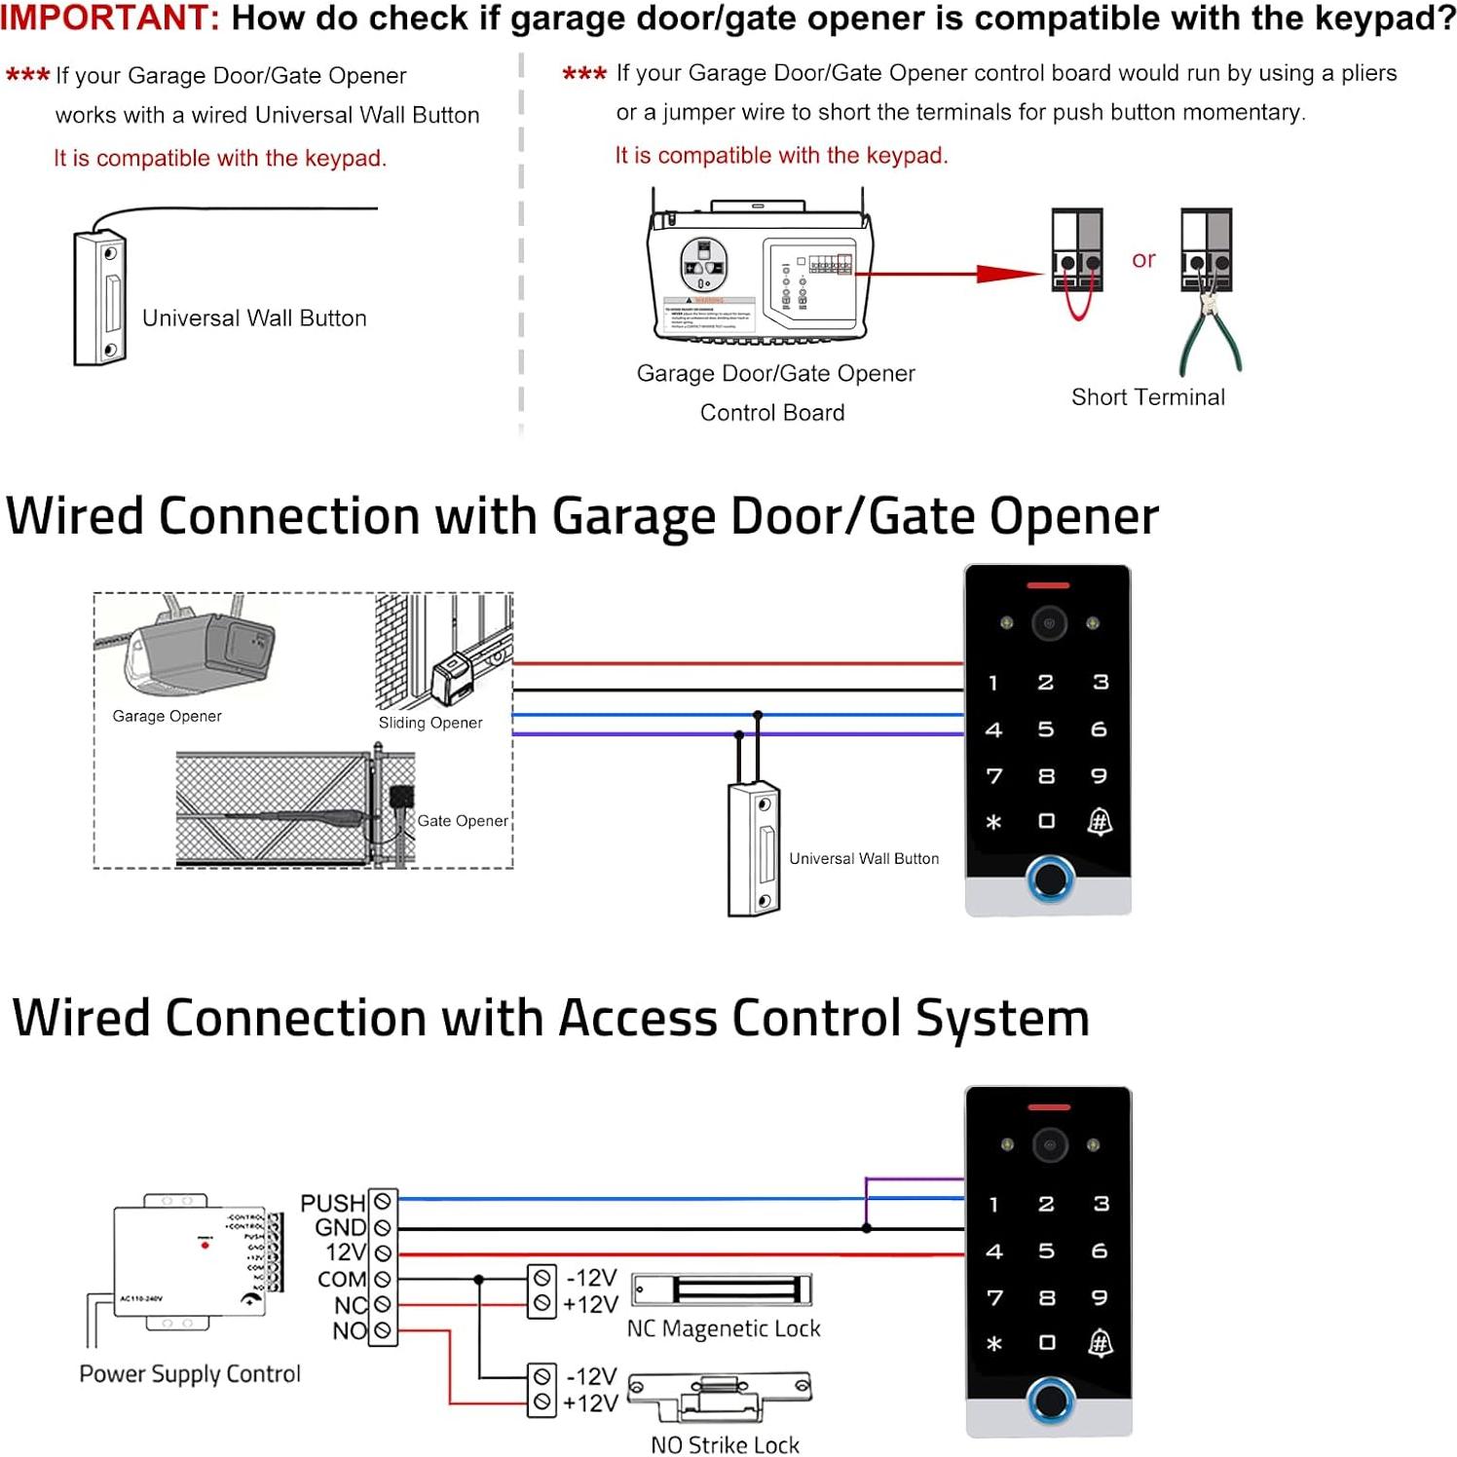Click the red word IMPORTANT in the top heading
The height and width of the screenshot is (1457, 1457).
109,18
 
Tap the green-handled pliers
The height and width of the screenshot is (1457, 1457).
1211,336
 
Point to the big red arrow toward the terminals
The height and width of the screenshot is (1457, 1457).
1007,274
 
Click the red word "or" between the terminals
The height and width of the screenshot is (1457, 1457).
1143,259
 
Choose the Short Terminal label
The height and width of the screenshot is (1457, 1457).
1147,397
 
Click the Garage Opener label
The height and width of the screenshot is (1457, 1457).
167,716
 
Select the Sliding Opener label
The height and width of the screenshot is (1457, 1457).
430,723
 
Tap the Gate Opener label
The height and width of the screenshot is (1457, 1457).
463,821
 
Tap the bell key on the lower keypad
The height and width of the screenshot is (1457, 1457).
1100,1343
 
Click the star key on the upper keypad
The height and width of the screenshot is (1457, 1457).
993,822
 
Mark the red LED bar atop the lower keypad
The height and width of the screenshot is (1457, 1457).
1049,1107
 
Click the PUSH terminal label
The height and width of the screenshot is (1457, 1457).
332,1203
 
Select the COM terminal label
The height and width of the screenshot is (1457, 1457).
341,1279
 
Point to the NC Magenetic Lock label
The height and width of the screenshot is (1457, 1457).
724,1328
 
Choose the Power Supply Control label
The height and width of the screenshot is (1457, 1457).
190,1373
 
